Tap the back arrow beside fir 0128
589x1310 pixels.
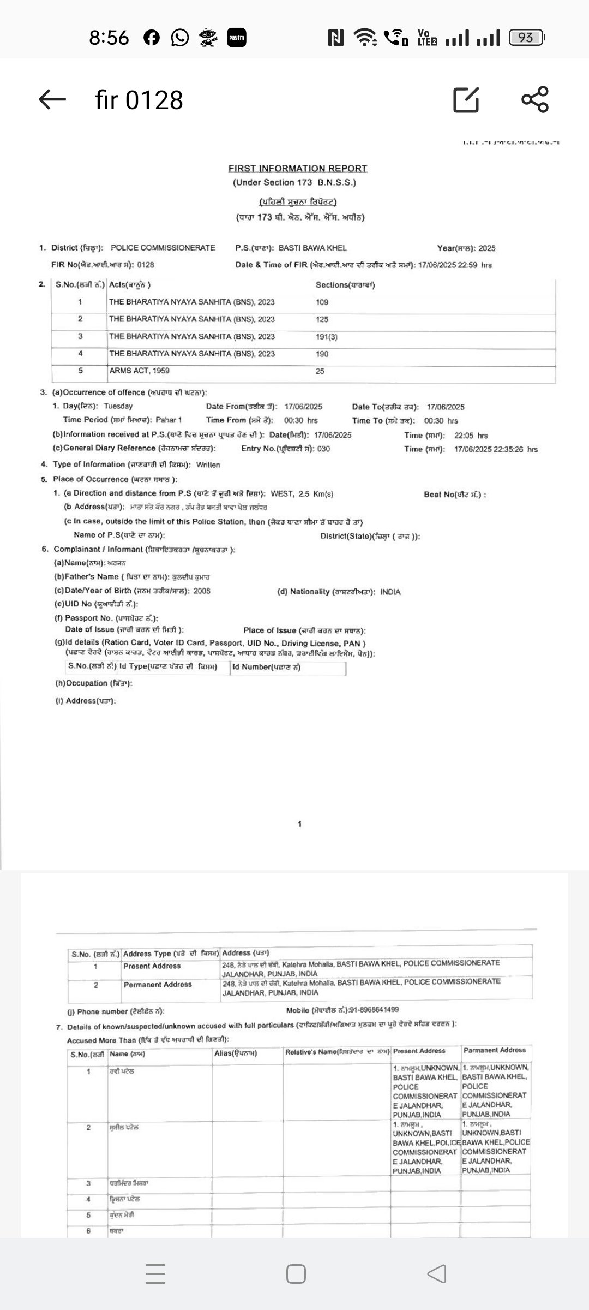(52, 99)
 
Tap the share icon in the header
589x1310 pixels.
(535, 99)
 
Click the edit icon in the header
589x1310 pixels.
(466, 99)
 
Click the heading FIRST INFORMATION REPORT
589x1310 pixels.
(298, 169)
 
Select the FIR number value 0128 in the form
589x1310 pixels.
(146, 265)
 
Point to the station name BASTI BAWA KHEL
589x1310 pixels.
(312, 248)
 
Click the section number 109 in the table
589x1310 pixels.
(322, 302)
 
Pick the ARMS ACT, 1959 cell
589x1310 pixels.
(139, 371)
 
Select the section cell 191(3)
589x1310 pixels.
(327, 337)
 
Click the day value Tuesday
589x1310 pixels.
(118, 406)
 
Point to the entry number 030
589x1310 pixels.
(323, 449)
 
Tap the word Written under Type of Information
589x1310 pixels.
(208, 465)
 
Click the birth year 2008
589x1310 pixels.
(201, 591)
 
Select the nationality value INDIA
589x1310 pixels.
(390, 592)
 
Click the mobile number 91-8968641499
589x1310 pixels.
(369, 1010)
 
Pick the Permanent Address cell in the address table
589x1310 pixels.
(158, 985)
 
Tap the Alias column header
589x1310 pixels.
(236, 1053)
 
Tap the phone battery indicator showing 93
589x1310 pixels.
(526, 38)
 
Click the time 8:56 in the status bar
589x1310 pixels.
(109, 38)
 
